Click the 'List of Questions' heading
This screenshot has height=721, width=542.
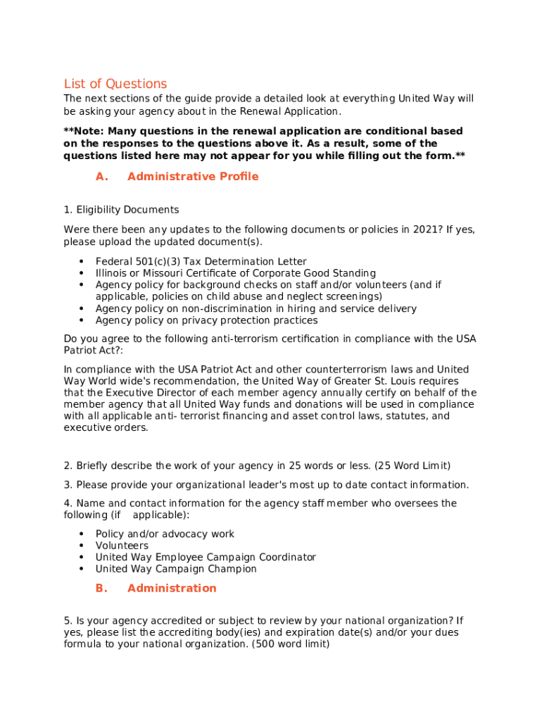click(115, 84)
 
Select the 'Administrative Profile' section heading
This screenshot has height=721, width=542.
click(193, 177)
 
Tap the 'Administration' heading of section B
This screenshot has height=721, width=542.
click(172, 588)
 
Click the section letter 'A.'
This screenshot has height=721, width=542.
click(102, 177)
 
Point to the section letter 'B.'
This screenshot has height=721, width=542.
click(101, 588)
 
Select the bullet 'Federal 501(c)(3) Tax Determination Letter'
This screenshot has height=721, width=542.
click(201, 262)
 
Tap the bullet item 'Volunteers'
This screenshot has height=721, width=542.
click(122, 546)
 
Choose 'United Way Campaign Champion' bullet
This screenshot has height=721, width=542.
click(176, 569)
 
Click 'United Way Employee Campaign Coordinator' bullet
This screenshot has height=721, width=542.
click(206, 558)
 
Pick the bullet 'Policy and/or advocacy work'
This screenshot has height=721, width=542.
click(165, 534)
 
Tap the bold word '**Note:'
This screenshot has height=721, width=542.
click(84, 132)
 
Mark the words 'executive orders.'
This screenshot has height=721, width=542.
click(106, 428)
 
